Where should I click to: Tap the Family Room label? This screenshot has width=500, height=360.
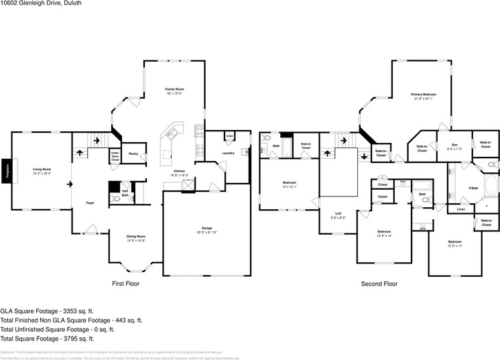point(175,89)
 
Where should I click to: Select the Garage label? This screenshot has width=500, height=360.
point(207,228)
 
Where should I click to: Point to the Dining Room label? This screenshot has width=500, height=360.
point(136,236)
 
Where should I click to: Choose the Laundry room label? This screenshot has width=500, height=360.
point(228,154)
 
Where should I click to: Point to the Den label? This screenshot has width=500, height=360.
point(454,145)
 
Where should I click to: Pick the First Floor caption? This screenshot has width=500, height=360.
point(125,284)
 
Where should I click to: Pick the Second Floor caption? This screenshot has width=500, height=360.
point(379,284)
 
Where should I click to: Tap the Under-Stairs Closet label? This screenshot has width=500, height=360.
point(115,156)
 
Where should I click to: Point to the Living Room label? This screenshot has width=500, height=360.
point(42,170)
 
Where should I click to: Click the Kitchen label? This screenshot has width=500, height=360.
point(180,172)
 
